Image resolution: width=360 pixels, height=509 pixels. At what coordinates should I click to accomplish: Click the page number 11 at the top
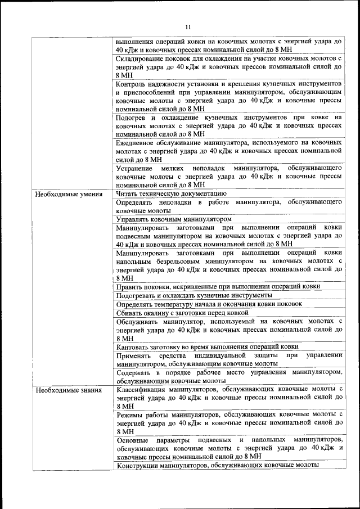pyautogui.click(x=188, y=26)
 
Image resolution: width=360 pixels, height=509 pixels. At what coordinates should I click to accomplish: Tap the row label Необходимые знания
pyautogui.click(x=68, y=390)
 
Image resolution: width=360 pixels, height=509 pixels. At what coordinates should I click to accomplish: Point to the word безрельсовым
pyautogui.click(x=171, y=262)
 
